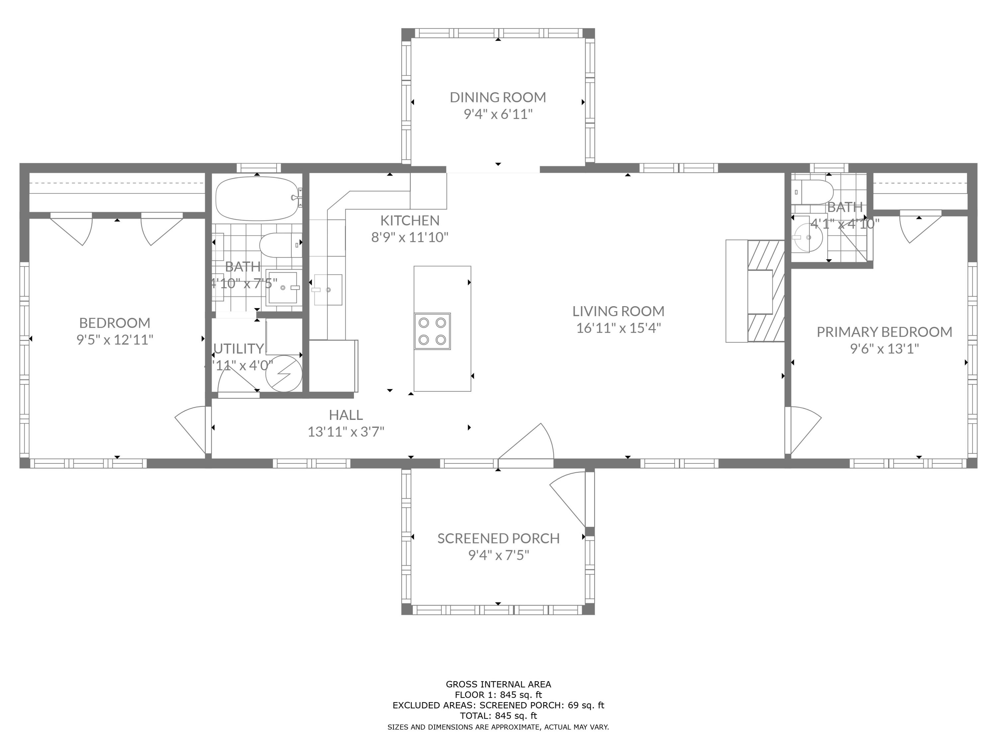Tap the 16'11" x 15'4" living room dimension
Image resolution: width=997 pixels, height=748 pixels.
tap(618, 328)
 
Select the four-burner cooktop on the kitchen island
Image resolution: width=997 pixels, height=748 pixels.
tap(432, 331)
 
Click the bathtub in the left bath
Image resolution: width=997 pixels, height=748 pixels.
tap(257, 198)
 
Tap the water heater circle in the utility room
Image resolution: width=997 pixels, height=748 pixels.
tap(283, 373)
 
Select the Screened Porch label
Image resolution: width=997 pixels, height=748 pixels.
tap(498, 538)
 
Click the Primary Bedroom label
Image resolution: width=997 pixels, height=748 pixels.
tap(884, 332)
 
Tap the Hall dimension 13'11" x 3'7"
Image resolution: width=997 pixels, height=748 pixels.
tap(346, 432)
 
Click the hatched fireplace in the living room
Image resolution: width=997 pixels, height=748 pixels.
tap(766, 291)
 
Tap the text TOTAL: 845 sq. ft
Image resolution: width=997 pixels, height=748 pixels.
tap(498, 715)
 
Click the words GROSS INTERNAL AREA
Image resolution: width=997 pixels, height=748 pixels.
tap(498, 685)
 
